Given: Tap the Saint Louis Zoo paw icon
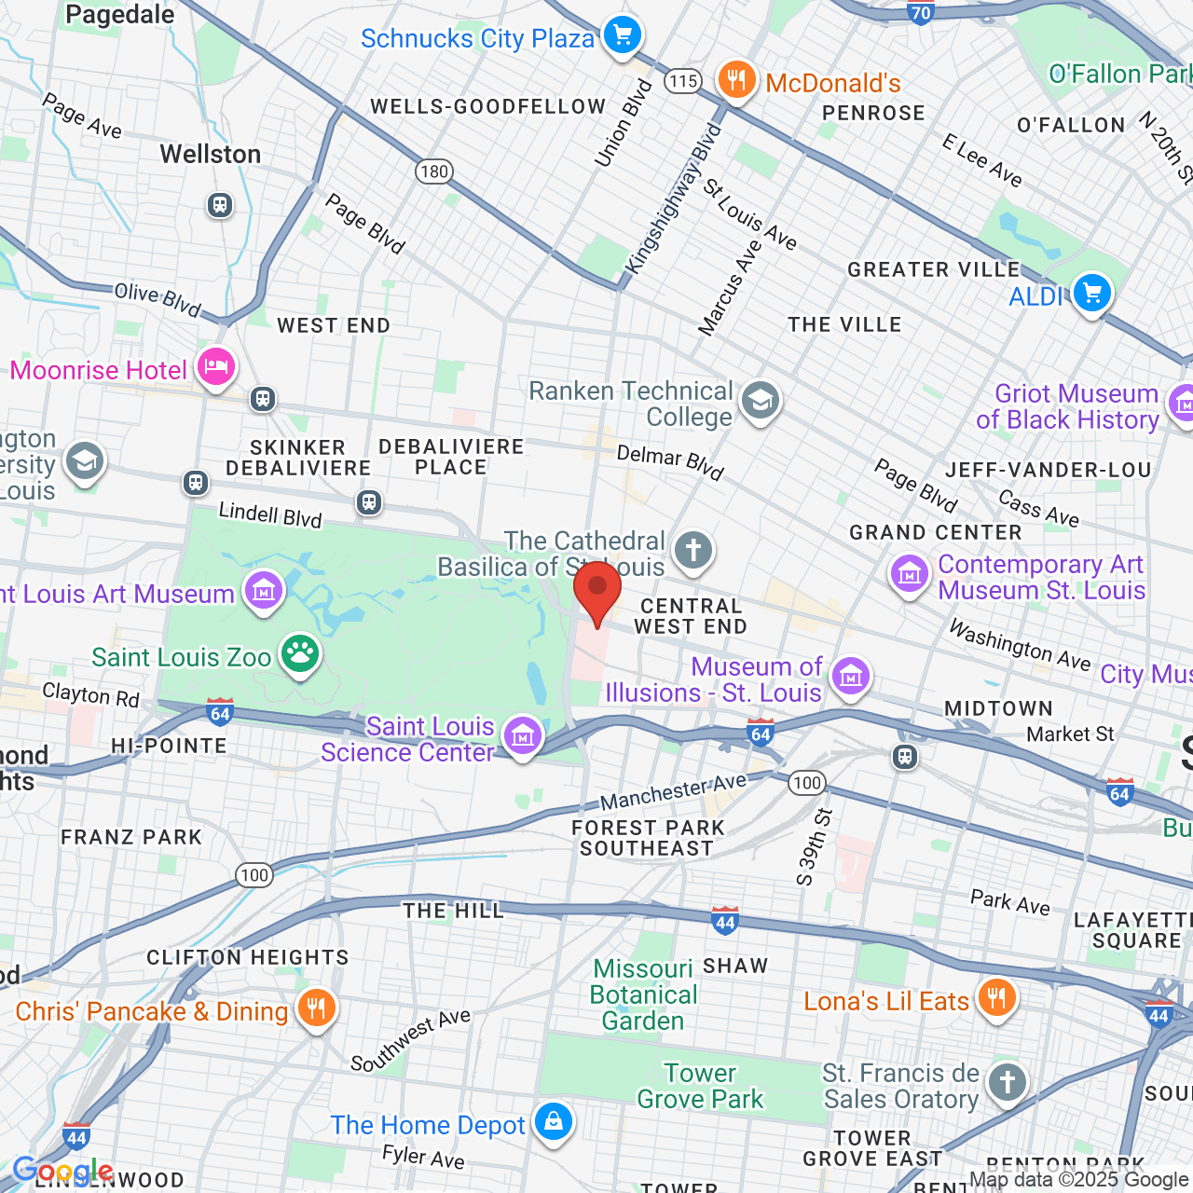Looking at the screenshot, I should pyautogui.click(x=299, y=655).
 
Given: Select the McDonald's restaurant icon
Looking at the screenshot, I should pyautogui.click(x=735, y=81).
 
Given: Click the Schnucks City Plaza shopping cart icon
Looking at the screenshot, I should pyautogui.click(x=622, y=36).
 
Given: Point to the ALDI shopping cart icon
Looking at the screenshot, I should pyautogui.click(x=1091, y=295).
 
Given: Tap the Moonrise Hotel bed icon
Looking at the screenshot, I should pyautogui.click(x=215, y=368).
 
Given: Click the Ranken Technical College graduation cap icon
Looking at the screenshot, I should pyautogui.click(x=761, y=403).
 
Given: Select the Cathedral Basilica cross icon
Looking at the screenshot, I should pyautogui.click(x=692, y=551).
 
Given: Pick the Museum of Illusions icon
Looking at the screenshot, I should pyautogui.click(x=850, y=677).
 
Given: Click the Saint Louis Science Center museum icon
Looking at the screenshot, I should pyautogui.click(x=522, y=736).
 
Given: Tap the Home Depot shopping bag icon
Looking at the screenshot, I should pyautogui.click(x=554, y=1122).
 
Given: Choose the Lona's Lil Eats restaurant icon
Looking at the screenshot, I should pyautogui.click(x=996, y=999).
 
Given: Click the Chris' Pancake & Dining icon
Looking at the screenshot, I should pyautogui.click(x=316, y=1008).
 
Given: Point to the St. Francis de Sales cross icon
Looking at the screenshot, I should pyautogui.click(x=1007, y=1083).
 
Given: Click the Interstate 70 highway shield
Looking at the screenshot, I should pyautogui.click(x=921, y=12).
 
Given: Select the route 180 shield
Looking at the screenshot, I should pyautogui.click(x=434, y=171).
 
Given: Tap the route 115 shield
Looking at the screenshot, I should pyautogui.click(x=683, y=81).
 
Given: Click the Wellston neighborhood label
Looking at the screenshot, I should pyautogui.click(x=211, y=154).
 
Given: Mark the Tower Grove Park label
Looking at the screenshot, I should pyautogui.click(x=700, y=1087).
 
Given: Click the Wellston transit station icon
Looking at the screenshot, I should pyautogui.click(x=220, y=204).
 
